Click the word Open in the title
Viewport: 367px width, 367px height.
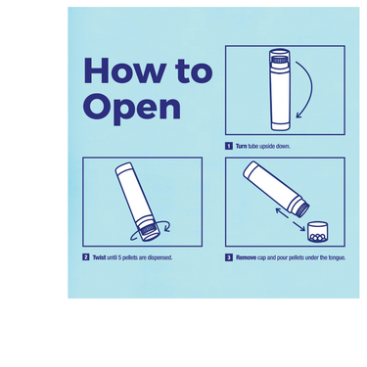coord(132,107)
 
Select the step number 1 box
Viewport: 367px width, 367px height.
coord(229,146)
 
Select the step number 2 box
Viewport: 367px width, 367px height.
coord(86,257)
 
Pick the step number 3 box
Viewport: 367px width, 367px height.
coord(229,257)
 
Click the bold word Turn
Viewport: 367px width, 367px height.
coord(241,146)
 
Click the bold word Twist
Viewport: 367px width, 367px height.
coord(99,257)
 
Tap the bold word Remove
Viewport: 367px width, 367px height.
coord(246,257)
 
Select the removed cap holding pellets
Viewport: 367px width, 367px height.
coord(317,232)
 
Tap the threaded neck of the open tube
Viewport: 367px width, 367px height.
coord(302,209)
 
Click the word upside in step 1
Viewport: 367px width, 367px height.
coord(267,147)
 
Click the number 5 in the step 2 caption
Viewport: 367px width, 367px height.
coord(119,257)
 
